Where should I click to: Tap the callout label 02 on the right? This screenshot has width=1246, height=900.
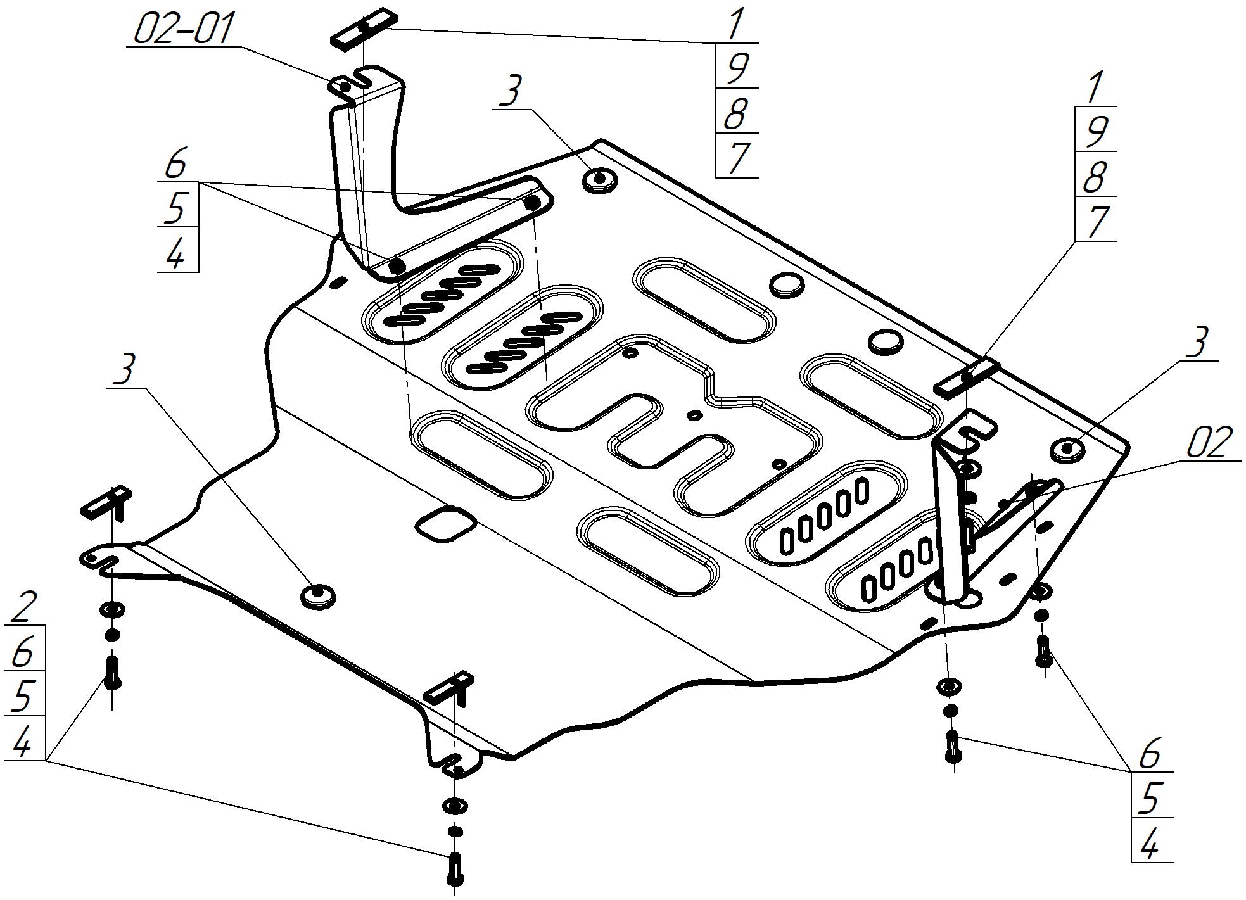(1210, 443)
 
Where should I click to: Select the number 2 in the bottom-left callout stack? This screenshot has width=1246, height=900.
(24, 606)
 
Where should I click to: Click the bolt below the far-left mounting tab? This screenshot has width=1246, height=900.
(113, 673)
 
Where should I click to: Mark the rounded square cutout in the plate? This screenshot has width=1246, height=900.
(445, 523)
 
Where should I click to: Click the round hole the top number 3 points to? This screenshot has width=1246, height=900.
(599, 179)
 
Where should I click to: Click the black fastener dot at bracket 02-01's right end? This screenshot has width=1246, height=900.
(533, 203)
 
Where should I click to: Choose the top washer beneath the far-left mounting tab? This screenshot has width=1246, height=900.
(112, 609)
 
